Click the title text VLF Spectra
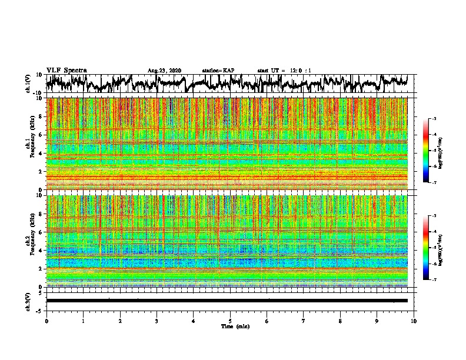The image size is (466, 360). [x=66, y=71]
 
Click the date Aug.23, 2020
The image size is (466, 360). [x=164, y=71]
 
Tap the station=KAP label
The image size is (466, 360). [x=218, y=71]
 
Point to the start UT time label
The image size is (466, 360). [x=284, y=71]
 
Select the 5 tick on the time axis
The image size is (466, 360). [x=230, y=321]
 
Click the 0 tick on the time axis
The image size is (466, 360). [x=46, y=321]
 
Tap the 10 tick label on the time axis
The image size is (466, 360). [x=414, y=321]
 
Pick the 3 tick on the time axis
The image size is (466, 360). [x=157, y=321]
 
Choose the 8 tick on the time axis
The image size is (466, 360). [x=340, y=321]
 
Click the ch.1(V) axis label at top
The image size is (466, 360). [x=28, y=84]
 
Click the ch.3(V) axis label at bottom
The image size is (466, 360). [x=28, y=301]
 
